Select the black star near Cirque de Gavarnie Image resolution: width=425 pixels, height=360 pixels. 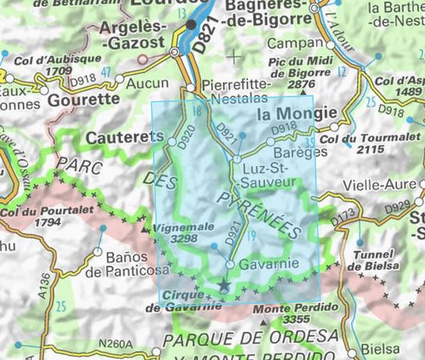coord(225,287)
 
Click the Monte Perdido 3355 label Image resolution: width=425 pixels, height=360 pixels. coord(289,313)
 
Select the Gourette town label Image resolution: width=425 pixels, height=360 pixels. coord(83,100)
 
